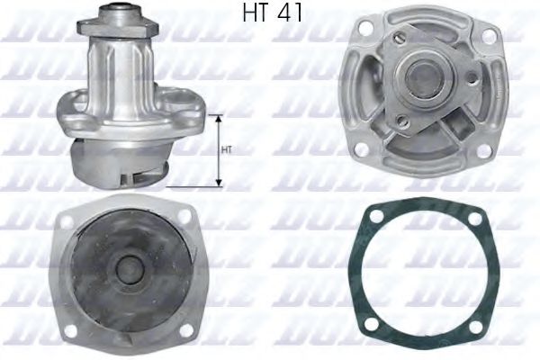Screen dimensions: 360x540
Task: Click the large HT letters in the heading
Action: tap(257, 14)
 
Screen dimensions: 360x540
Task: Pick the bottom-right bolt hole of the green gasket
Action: tap(474, 322)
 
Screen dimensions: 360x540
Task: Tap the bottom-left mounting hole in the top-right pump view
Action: tap(359, 148)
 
